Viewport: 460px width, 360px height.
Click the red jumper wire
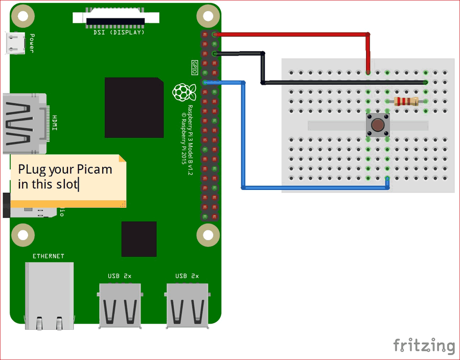(291, 35)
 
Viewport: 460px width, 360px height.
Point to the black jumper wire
(342, 82)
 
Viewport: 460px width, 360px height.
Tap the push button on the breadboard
(378, 125)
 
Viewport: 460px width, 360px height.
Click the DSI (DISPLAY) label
(119, 32)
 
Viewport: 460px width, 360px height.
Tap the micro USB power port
(14, 42)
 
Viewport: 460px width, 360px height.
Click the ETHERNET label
(49, 256)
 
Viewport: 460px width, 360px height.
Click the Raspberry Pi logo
(185, 92)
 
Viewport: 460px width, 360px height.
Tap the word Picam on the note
(95, 170)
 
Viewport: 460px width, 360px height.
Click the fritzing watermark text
(424, 346)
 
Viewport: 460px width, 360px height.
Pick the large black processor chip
(134, 108)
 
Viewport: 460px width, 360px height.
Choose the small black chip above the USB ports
(139, 239)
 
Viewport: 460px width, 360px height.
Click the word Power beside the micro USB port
(32, 43)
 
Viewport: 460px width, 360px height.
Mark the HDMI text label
(55, 123)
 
